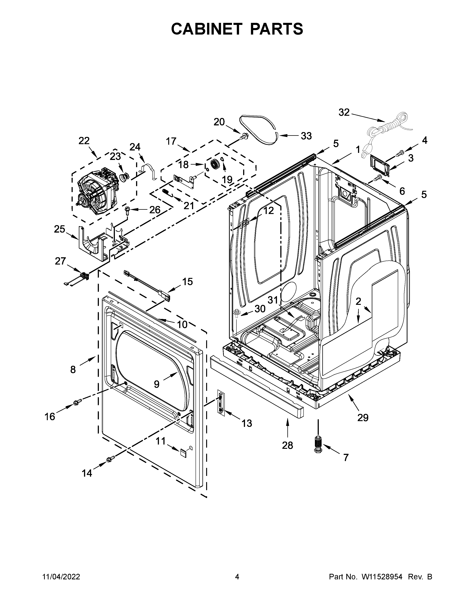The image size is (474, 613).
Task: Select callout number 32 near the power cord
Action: pyautogui.click(x=344, y=113)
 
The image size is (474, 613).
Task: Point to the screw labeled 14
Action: pyautogui.click(x=110, y=459)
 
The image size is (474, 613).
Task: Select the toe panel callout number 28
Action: pyautogui.click(x=287, y=445)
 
